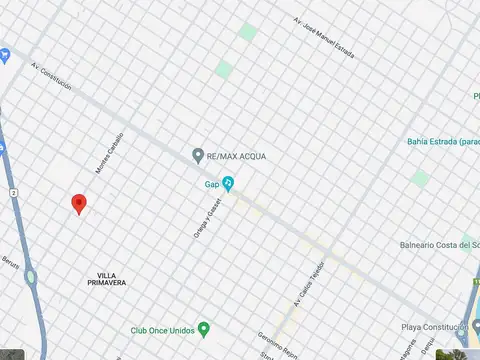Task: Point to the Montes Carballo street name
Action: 110,153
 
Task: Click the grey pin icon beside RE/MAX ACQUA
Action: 198,156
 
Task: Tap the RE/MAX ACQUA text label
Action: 238,157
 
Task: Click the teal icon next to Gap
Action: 228,184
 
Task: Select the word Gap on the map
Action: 211,184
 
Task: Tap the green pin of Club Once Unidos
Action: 204,329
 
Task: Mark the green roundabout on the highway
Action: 31,277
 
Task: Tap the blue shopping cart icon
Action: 4,53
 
